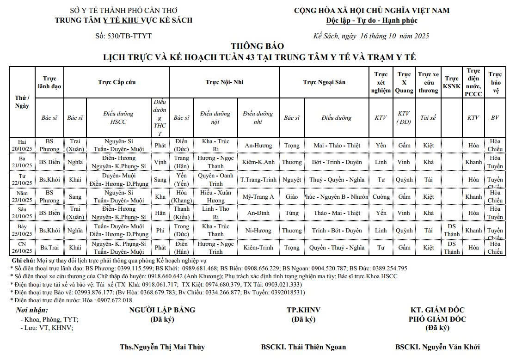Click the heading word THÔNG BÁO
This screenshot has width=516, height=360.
pyautogui.click(x=258, y=46)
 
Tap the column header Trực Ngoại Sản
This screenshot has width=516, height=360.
pyautogui.click(x=324, y=82)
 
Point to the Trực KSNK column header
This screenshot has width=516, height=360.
pyautogui.click(x=451, y=82)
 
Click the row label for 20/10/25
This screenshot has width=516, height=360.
pyautogui.click(x=22, y=145)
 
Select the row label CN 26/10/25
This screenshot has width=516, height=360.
pyautogui.click(x=22, y=247)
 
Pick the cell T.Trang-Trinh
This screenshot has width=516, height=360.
pyautogui.click(x=258, y=179)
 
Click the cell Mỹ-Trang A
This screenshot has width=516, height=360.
pyautogui.click(x=258, y=196)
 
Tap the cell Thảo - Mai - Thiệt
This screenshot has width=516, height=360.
pyautogui.click(x=337, y=213)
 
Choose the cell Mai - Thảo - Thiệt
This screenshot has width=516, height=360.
pyautogui.click(x=337, y=146)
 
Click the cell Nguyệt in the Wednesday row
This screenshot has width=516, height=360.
pyautogui.click(x=292, y=179)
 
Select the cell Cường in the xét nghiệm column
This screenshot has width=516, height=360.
pyautogui.click(x=381, y=196)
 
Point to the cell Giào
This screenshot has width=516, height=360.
pyautogui.click(x=292, y=196)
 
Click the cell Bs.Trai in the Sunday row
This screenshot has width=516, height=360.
pyautogui.click(x=49, y=247)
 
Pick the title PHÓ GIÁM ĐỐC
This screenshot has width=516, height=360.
pyautogui.click(x=437, y=319)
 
